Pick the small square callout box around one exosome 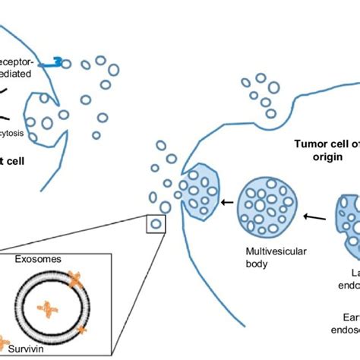coord(156,224)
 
